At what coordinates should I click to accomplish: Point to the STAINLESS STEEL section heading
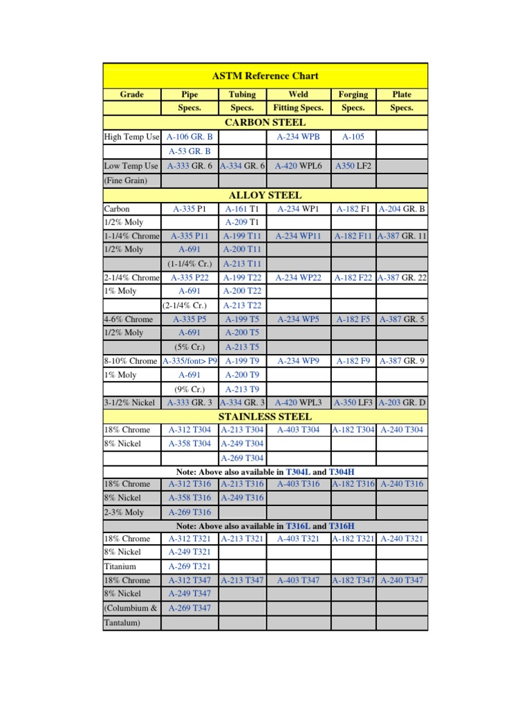(x=265, y=416)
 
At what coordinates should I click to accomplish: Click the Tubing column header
(x=242, y=94)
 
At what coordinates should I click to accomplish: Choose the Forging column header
(x=353, y=94)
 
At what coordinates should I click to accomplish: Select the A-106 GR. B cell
(x=189, y=137)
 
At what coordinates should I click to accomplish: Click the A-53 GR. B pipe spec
(x=189, y=151)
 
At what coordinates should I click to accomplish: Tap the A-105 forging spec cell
(x=353, y=137)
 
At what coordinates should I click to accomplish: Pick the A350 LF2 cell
(x=353, y=166)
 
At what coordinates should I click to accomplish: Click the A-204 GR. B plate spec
(x=402, y=208)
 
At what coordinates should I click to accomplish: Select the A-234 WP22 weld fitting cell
(x=299, y=277)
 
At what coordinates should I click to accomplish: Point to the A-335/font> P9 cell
(x=189, y=361)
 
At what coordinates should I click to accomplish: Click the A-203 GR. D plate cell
(x=402, y=402)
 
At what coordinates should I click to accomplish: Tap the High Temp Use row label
(x=131, y=137)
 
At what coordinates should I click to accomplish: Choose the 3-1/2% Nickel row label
(x=131, y=402)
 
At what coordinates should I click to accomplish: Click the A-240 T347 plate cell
(x=402, y=580)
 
